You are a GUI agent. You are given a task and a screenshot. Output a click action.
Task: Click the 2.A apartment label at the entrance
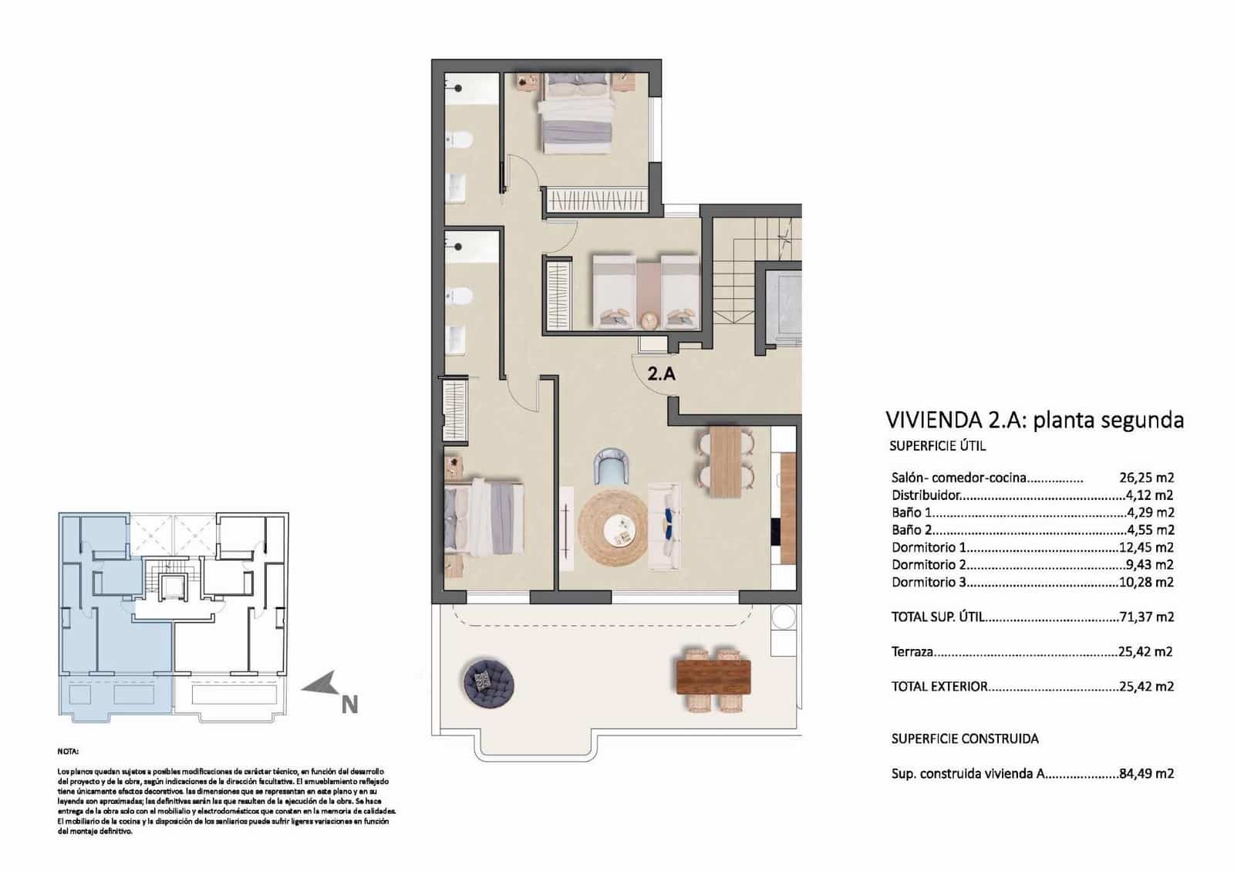click(661, 374)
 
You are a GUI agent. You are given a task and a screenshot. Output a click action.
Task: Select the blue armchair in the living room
click(613, 467)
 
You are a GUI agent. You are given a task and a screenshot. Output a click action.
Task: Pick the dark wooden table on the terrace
click(713, 677)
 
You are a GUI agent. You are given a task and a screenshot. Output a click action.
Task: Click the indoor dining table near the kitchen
click(725, 461)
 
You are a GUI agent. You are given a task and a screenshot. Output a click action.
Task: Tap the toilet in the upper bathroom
click(460, 140)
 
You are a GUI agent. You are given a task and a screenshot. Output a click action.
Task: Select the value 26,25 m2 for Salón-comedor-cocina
click(1146, 478)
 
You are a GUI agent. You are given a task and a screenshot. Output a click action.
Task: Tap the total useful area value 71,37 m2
click(1146, 617)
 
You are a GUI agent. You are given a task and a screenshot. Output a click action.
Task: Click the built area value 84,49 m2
click(1146, 773)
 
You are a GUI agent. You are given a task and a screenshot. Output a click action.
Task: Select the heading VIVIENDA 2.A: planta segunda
click(1034, 420)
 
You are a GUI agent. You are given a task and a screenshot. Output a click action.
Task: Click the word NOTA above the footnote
click(68, 751)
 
